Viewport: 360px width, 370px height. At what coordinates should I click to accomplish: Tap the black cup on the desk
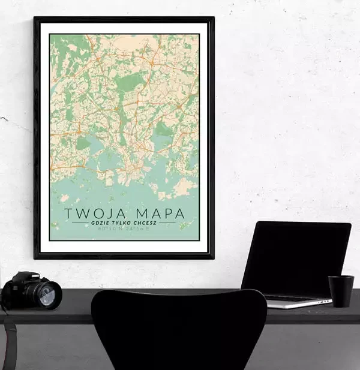(x=340, y=291)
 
